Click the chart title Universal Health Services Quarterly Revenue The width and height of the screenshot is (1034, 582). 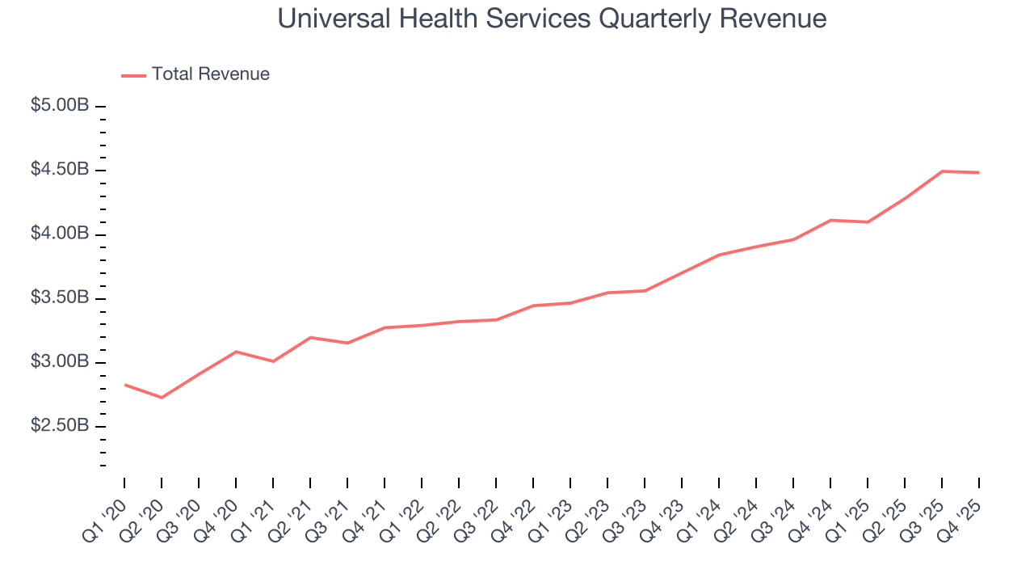[x=552, y=19]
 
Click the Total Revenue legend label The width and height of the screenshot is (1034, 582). [x=210, y=74]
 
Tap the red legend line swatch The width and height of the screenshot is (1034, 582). [x=133, y=75]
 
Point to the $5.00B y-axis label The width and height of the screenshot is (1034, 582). [x=60, y=106]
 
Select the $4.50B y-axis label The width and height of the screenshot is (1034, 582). [x=60, y=170]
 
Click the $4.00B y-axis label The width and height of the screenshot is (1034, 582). [x=60, y=234]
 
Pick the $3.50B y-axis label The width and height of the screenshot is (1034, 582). [x=60, y=297]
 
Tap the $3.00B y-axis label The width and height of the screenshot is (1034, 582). [x=60, y=361]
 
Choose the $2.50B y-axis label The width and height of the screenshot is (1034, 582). [x=60, y=425]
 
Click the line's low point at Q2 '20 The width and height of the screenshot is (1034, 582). [x=162, y=398]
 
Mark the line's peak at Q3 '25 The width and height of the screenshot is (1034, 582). [x=942, y=171]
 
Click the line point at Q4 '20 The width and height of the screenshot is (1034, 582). [x=236, y=352]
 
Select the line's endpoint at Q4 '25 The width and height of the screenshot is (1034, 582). [x=979, y=172]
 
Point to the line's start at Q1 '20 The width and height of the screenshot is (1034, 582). [x=124, y=385]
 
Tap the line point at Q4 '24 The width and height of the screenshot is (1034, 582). [x=830, y=220]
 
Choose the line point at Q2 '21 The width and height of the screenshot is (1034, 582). [x=310, y=337]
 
